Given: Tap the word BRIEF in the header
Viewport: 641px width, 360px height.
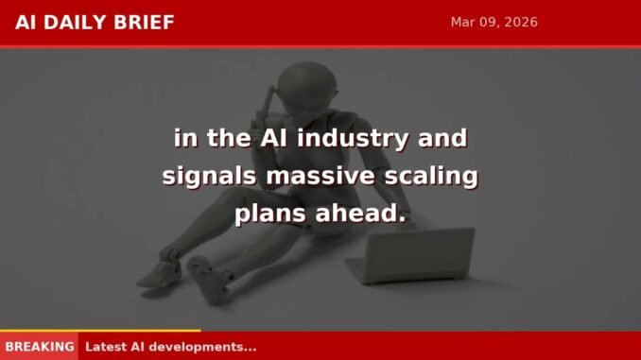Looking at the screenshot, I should [146, 23].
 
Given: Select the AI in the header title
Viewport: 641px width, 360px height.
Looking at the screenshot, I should [26, 23].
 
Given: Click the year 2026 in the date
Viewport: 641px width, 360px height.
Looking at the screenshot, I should [519, 22].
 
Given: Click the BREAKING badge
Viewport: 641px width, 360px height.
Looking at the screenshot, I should [39, 347].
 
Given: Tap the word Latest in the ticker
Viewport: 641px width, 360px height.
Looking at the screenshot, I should [106, 347].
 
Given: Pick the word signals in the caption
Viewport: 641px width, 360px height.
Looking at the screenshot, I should [204, 177].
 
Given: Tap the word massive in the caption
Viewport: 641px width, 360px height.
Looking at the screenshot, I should [312, 177].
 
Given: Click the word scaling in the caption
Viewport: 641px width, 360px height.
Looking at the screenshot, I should [428, 177].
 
